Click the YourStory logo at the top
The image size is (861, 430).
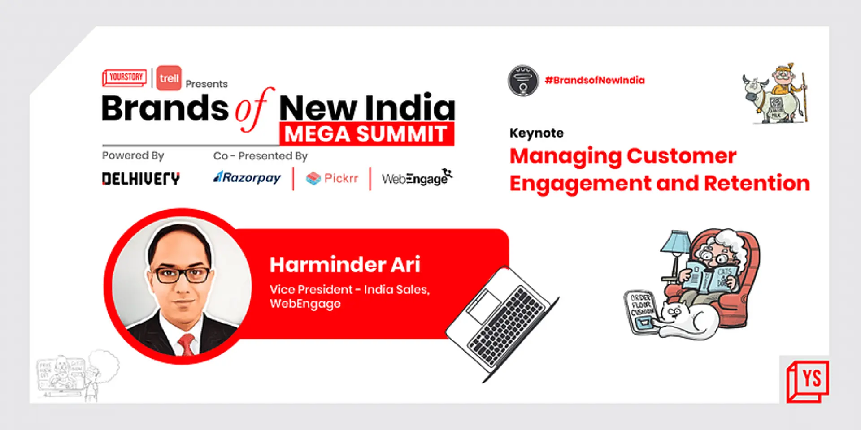click(x=125, y=77)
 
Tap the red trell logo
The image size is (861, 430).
click(x=169, y=78)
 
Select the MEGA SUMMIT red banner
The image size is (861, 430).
click(x=366, y=134)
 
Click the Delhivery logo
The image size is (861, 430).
click(x=141, y=179)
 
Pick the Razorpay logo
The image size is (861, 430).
click(x=247, y=178)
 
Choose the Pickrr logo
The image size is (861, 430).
click(x=332, y=178)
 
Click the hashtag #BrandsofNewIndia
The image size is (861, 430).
click(x=595, y=80)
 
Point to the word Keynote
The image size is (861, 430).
click(x=536, y=133)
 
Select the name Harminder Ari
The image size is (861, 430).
click(x=345, y=264)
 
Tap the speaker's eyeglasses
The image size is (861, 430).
click(x=183, y=274)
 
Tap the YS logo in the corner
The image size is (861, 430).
click(x=808, y=380)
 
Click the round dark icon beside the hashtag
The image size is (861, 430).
click(x=523, y=81)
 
